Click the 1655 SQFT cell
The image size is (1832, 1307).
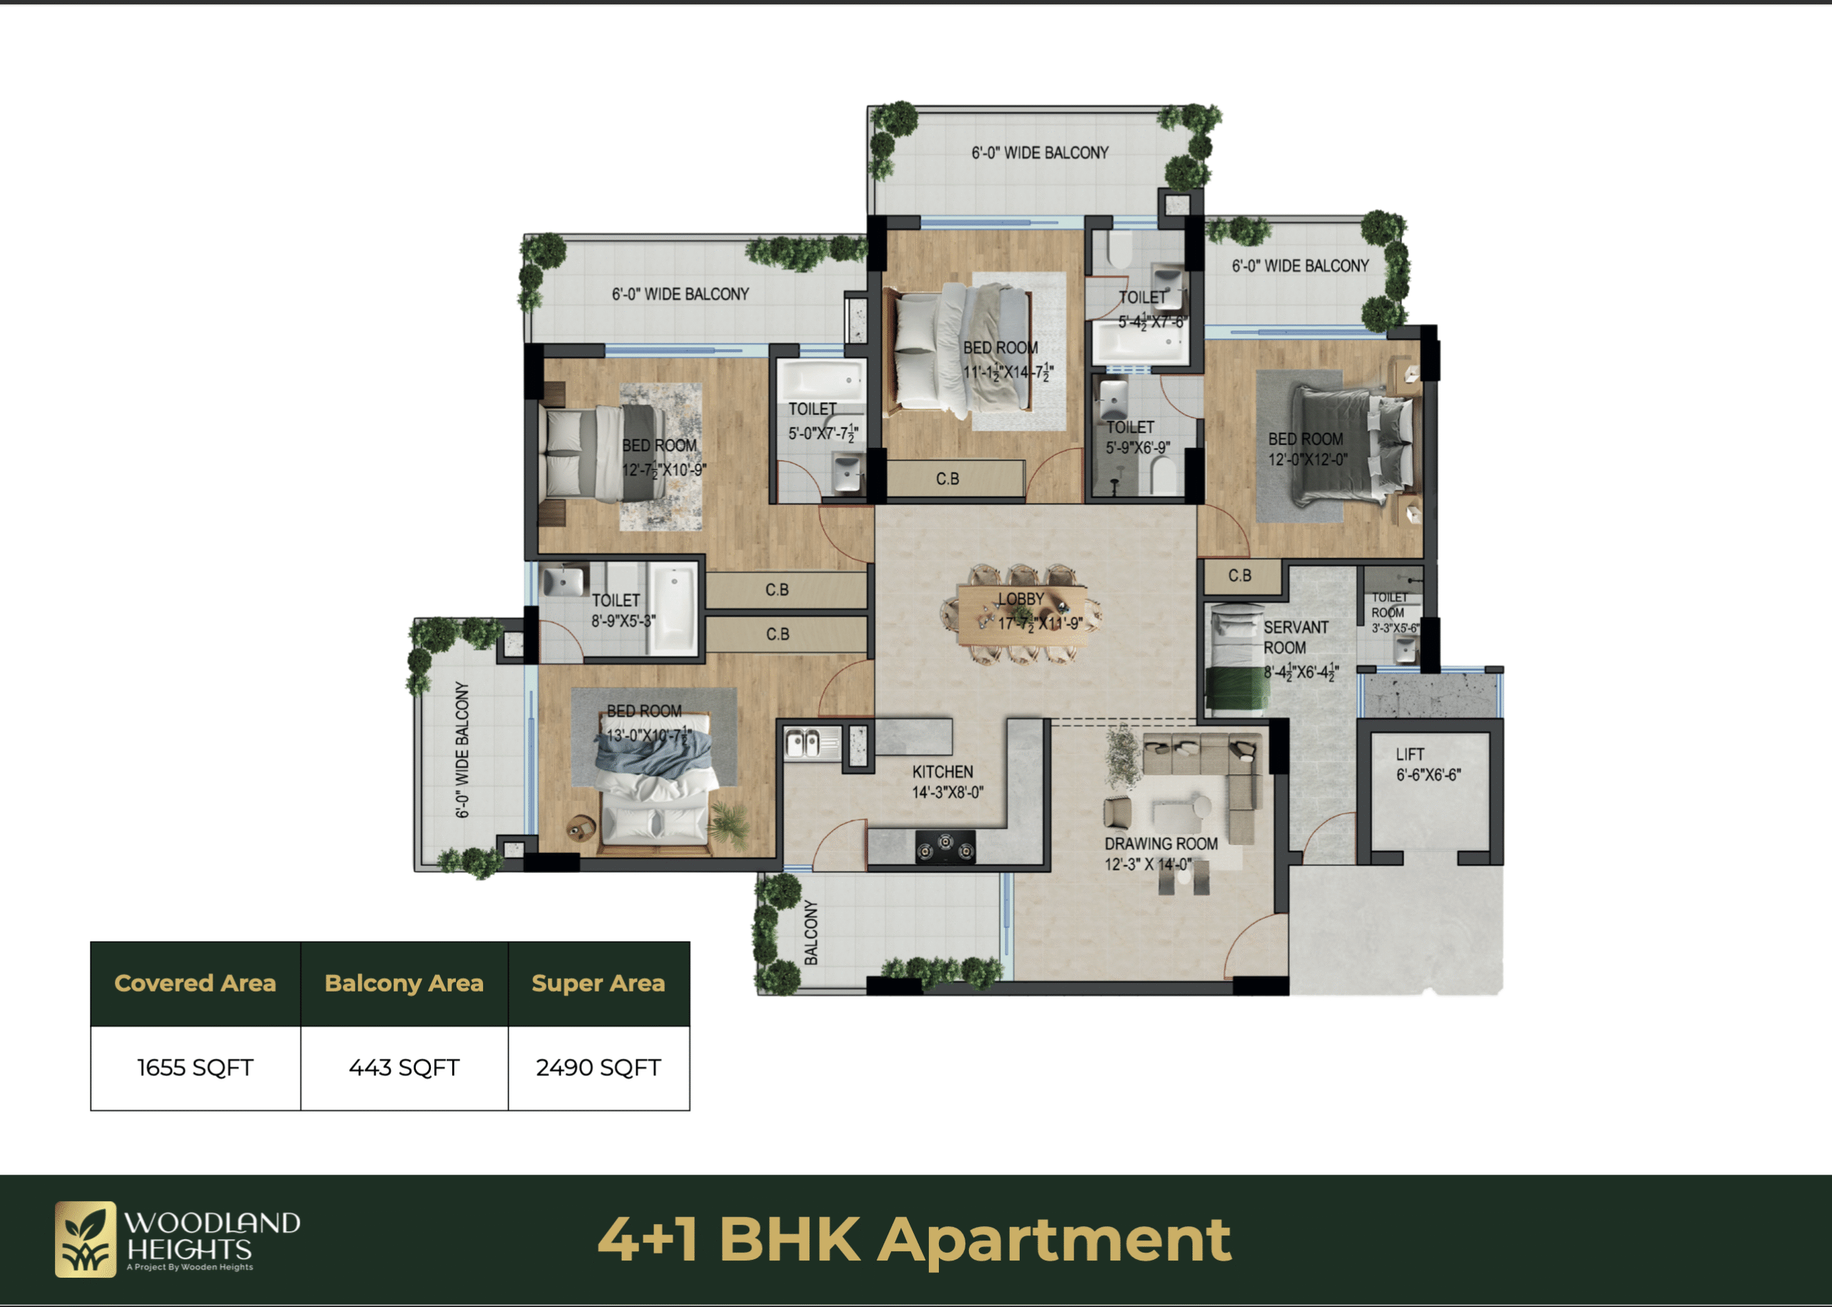pyautogui.click(x=195, y=1068)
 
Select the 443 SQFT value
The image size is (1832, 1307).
pyautogui.click(x=404, y=1068)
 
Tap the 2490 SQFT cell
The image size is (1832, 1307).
pyautogui.click(x=599, y=1068)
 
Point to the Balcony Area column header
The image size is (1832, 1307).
pyautogui.click(x=404, y=984)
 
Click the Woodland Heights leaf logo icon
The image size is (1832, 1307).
pyautogui.click(x=85, y=1239)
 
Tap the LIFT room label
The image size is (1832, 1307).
pyautogui.click(x=1410, y=754)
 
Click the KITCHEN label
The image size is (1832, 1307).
pyautogui.click(x=942, y=772)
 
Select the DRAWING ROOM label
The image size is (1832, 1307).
pyautogui.click(x=1161, y=843)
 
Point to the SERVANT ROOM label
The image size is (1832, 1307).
pyautogui.click(x=1296, y=637)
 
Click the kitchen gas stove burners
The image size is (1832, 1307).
pyautogui.click(x=945, y=848)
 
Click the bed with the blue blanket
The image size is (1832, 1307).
pyautogui.click(x=656, y=783)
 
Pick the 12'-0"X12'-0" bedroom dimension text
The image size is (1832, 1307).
pyautogui.click(x=1307, y=459)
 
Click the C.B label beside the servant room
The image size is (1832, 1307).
pyautogui.click(x=1239, y=575)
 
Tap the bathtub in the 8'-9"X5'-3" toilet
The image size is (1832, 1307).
pyautogui.click(x=673, y=607)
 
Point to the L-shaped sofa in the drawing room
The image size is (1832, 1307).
pyautogui.click(x=1207, y=778)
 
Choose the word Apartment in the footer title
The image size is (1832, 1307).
pyautogui.click(x=1054, y=1241)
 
